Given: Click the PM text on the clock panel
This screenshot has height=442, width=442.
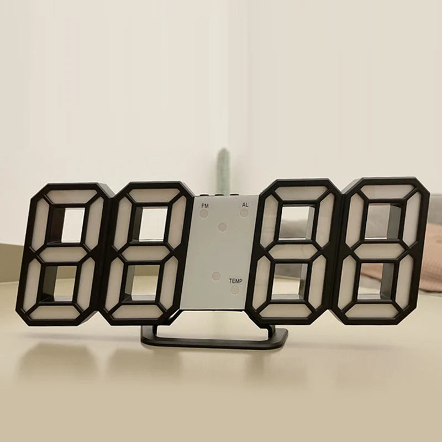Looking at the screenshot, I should [x=205, y=206].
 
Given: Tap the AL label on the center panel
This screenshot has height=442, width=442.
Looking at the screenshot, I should [x=245, y=205].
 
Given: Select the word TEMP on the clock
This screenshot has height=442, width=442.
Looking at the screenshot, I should [x=236, y=281].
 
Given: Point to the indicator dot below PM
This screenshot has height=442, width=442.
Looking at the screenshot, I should [x=205, y=213].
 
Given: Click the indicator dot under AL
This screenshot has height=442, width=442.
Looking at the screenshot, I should [x=244, y=212].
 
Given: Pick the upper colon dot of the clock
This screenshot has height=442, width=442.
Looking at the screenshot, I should [x=222, y=227].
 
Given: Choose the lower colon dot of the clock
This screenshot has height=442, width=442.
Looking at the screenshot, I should [x=216, y=275].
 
